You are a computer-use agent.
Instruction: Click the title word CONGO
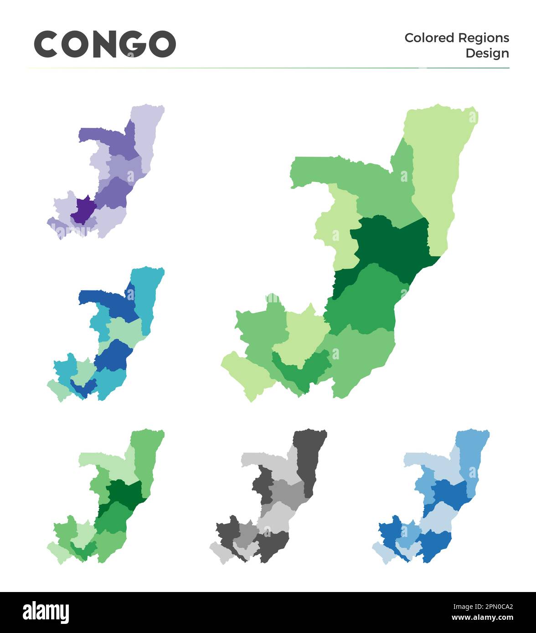tap(105, 44)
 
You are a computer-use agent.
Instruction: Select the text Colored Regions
tap(457, 38)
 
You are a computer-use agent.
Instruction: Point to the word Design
tap(487, 53)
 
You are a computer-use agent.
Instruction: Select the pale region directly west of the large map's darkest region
tap(337, 228)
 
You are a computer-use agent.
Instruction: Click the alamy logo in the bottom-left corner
tap(46, 613)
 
